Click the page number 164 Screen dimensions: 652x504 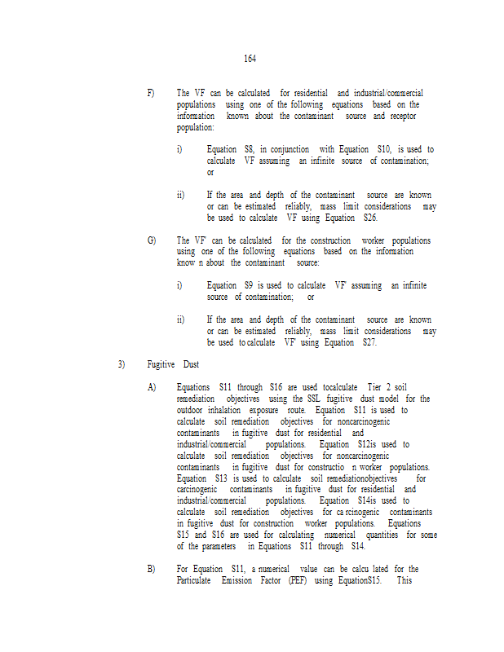250,59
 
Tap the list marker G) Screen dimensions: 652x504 152,240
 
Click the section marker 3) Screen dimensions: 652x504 122,363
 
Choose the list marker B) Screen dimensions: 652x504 152,569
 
